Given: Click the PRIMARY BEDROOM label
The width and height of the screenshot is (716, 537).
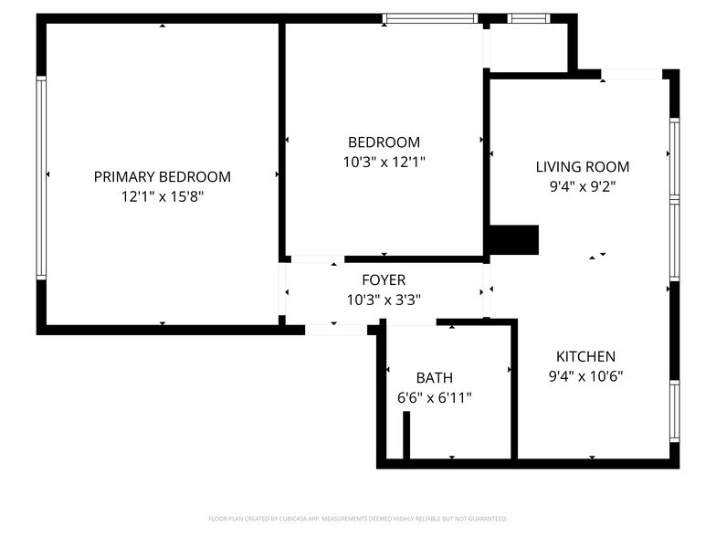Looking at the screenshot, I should click(162, 176).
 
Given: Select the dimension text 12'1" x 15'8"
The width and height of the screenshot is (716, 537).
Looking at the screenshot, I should click(162, 196).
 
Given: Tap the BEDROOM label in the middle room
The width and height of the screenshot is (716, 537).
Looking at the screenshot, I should click(384, 142).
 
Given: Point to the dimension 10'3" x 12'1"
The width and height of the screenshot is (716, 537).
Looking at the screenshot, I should click(384, 162).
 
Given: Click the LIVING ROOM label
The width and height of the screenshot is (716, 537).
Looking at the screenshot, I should click(582, 166).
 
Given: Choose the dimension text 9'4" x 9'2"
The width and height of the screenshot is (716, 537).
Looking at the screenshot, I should click(582, 186).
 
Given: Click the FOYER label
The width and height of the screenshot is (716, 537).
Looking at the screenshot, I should click(384, 279).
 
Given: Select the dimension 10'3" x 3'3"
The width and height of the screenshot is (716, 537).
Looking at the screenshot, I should click(384, 300).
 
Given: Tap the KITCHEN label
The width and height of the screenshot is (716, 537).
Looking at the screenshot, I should click(585, 356).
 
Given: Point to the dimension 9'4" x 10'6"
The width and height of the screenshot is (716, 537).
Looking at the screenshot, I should click(585, 375).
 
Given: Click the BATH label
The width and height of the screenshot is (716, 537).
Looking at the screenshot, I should click(434, 377).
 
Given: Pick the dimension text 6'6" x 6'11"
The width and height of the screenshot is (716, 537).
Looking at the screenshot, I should click(434, 397).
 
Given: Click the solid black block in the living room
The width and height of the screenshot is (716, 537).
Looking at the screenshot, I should click(514, 240).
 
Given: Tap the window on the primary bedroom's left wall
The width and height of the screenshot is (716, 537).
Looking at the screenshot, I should click(41, 177).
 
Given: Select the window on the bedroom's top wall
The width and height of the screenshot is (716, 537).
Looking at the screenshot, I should click(429, 17).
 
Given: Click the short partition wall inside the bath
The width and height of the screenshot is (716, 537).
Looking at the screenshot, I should click(406, 435).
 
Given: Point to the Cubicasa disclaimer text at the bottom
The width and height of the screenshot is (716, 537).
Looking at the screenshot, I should click(358, 518).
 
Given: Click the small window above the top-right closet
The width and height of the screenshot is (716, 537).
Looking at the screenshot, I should click(529, 17).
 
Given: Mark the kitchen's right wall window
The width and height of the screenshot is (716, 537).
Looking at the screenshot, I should click(674, 411).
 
